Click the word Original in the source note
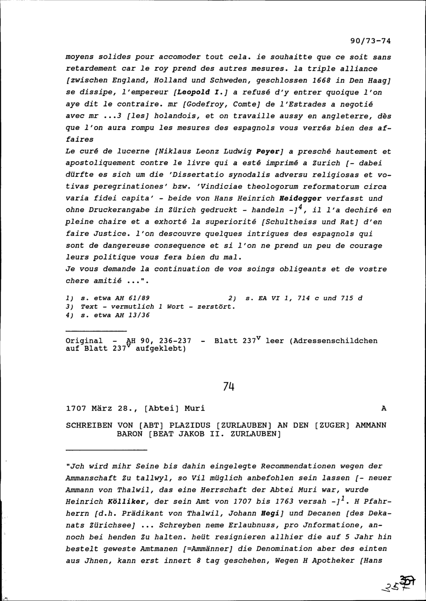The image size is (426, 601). click(84, 341)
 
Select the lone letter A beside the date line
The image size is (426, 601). click(383, 408)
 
